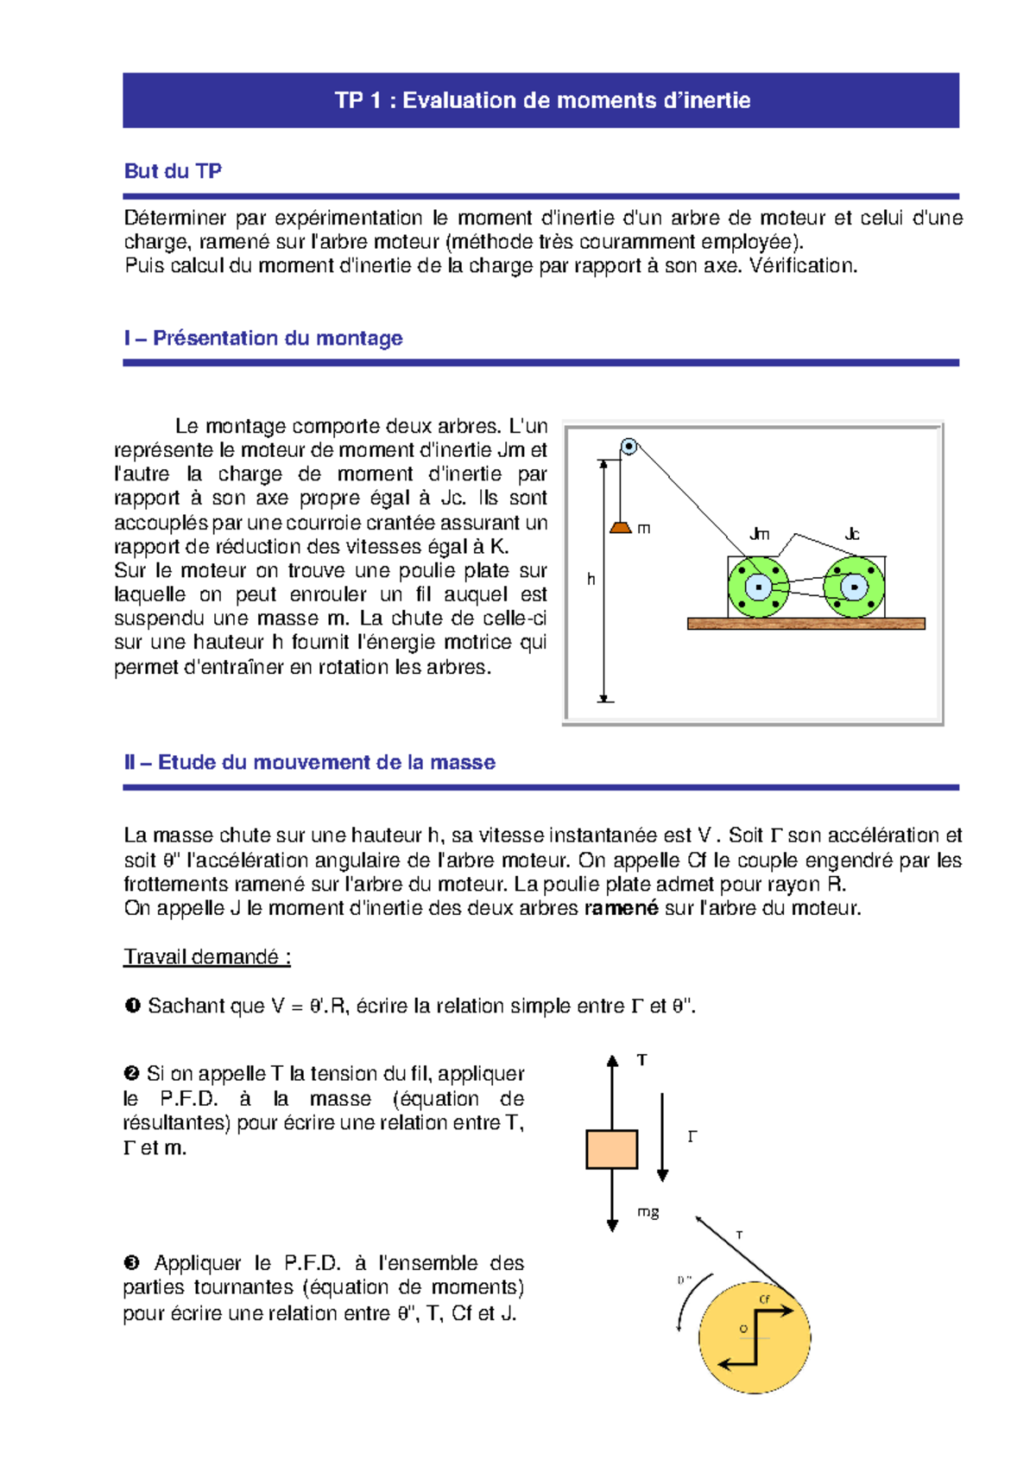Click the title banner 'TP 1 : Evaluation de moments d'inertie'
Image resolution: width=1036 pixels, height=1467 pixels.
(x=541, y=100)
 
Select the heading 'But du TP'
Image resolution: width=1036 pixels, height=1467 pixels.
(x=173, y=171)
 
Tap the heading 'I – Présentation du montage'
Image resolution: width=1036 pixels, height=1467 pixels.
(x=263, y=338)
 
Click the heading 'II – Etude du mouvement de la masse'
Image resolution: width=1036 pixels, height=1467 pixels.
(x=310, y=762)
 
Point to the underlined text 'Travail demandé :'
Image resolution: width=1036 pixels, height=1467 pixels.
(x=207, y=956)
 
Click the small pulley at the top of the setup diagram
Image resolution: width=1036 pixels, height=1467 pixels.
(x=629, y=447)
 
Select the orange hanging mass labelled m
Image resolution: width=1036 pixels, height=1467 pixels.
(x=621, y=527)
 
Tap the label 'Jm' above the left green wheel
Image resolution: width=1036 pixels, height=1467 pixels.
(x=759, y=534)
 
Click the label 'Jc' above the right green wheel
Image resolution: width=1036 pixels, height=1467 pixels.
(x=851, y=534)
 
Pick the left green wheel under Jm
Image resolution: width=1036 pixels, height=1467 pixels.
(x=758, y=587)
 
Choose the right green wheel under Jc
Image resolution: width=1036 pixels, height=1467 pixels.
(x=854, y=587)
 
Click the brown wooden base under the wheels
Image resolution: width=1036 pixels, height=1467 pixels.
(x=805, y=623)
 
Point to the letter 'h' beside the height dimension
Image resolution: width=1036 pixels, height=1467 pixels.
(x=591, y=579)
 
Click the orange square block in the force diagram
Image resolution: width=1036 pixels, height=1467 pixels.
(x=611, y=1149)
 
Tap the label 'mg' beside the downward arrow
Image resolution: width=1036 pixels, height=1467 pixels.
(x=647, y=1212)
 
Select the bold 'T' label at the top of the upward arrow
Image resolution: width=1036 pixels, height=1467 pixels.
(x=641, y=1060)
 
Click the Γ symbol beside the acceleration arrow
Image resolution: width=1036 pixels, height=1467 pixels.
(x=692, y=1137)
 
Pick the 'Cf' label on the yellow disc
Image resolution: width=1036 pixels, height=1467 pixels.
(x=764, y=1299)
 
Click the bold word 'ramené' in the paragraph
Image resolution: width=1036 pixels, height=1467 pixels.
(x=621, y=908)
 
